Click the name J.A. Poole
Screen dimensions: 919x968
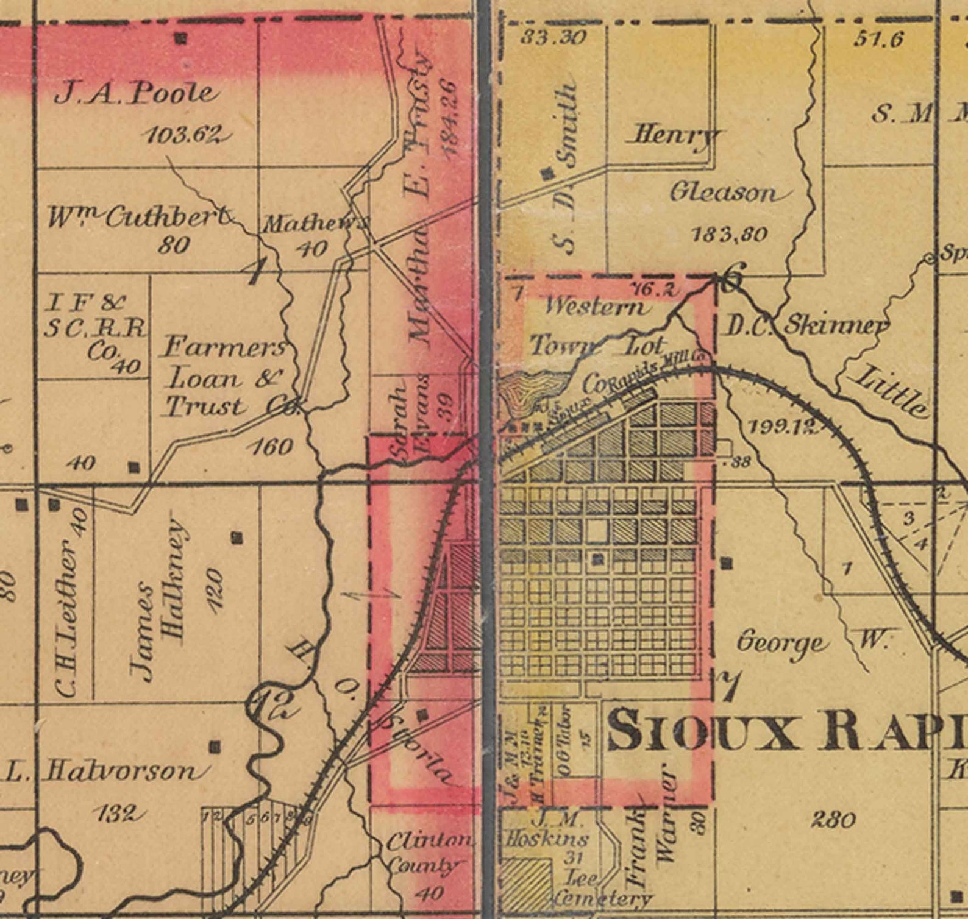(135, 93)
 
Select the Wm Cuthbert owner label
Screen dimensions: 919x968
(139, 217)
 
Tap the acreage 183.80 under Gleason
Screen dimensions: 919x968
(730, 234)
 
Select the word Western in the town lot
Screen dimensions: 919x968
(594, 306)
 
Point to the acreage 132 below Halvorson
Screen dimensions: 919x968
(119, 814)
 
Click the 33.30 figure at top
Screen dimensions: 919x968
(553, 38)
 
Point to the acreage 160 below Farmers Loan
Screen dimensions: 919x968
(272, 447)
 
